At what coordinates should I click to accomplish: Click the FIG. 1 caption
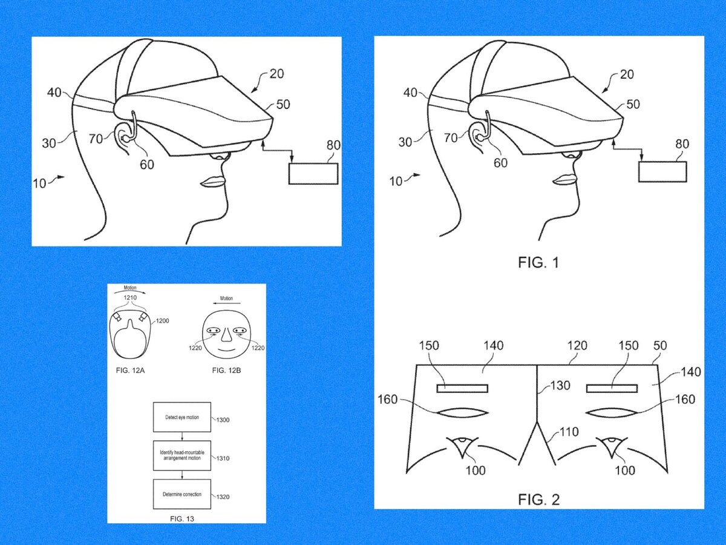pos(539,263)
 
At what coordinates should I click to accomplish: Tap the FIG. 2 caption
pos(539,500)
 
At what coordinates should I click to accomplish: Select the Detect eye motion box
pos(182,417)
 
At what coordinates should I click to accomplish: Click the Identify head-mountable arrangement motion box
pos(182,456)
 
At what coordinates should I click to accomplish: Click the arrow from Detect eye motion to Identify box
pos(182,436)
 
